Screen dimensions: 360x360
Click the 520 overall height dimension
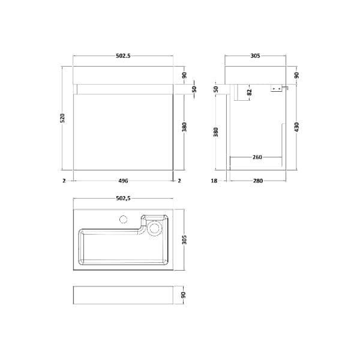[62, 118]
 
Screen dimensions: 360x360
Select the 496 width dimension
[123, 181]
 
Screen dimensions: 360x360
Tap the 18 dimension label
[214, 181]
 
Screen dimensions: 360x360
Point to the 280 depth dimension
[258, 181]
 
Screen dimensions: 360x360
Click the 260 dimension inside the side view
[257, 157]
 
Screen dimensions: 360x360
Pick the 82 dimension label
[250, 92]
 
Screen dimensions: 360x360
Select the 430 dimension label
[296, 127]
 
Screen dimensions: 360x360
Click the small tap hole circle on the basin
[124, 219]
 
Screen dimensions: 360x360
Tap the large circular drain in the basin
[155, 228]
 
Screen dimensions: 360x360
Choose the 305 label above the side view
[256, 56]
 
